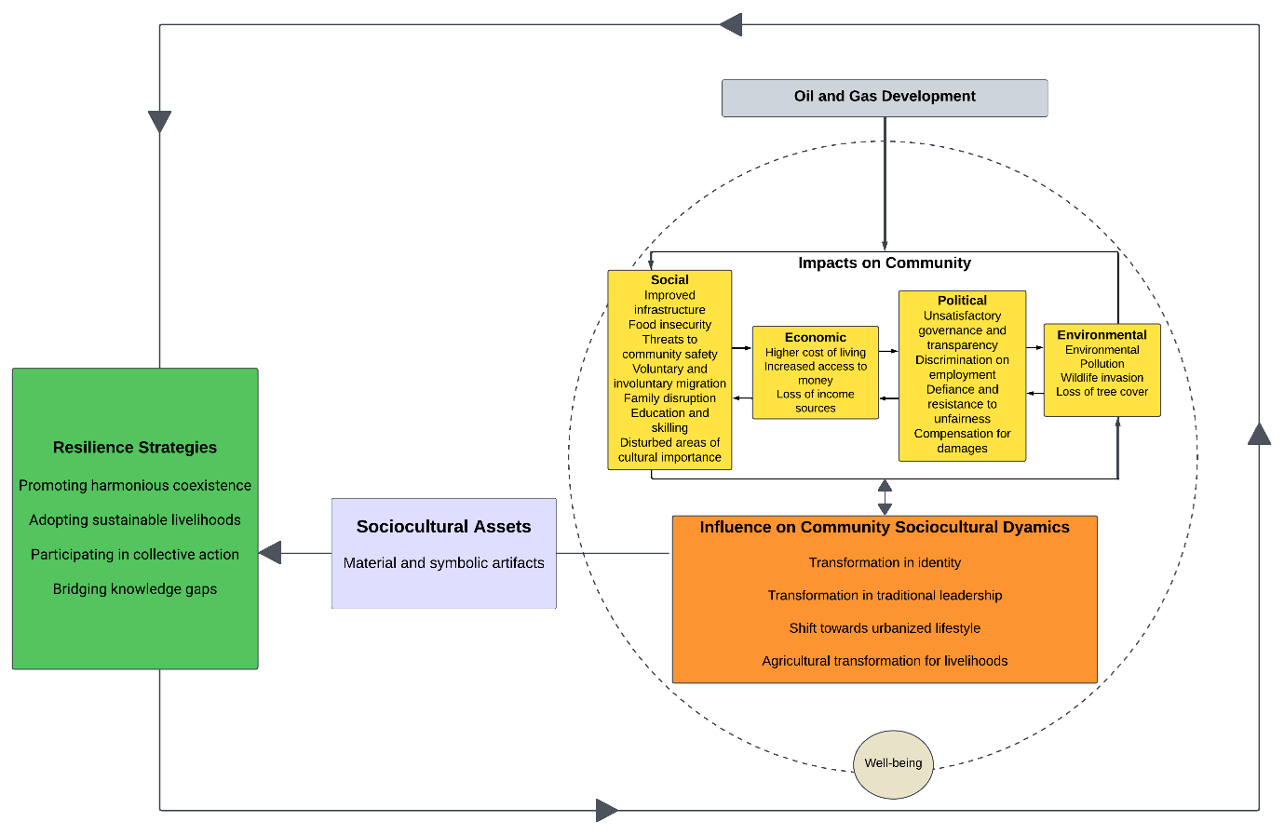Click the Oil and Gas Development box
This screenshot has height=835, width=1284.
click(885, 97)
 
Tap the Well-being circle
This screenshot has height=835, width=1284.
click(893, 763)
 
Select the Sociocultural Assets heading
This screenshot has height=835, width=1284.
click(443, 527)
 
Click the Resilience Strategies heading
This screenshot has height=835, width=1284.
click(135, 448)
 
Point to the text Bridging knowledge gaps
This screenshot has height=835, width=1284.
click(135, 589)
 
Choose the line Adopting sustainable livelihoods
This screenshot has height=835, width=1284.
click(135, 520)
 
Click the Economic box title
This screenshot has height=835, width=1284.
click(815, 337)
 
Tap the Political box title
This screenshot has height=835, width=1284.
click(962, 301)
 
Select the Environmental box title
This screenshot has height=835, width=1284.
click(1102, 335)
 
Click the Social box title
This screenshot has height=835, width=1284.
click(669, 280)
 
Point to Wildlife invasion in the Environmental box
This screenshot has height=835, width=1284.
click(1102, 378)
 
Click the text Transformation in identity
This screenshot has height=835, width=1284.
click(885, 563)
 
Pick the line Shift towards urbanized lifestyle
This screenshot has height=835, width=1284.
click(885, 628)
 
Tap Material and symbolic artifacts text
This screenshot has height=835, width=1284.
click(443, 563)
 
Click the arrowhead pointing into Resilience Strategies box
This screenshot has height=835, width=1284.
click(270, 553)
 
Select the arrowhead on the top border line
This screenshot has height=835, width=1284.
click(731, 25)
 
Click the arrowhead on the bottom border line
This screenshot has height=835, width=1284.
click(606, 811)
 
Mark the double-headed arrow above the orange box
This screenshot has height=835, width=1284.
click(885, 497)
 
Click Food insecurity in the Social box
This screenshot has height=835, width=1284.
click(669, 325)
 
